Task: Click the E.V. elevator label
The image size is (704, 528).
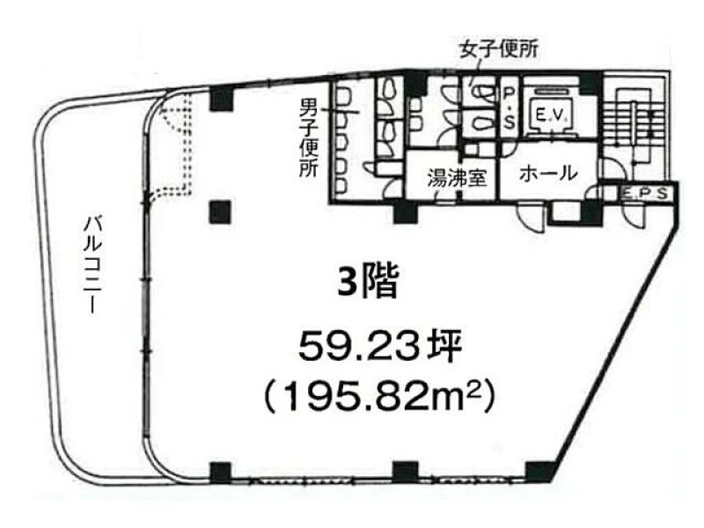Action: tap(549, 116)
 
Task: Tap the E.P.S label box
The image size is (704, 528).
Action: tap(645, 194)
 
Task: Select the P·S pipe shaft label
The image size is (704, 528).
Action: tap(509, 107)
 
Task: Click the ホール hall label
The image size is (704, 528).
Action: tap(548, 173)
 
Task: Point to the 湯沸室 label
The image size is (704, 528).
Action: tap(457, 178)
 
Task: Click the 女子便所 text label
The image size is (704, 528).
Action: tap(498, 50)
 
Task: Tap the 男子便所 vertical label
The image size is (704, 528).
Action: tap(309, 138)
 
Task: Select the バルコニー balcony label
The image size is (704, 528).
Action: tap(93, 265)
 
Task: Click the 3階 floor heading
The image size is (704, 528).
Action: tap(368, 282)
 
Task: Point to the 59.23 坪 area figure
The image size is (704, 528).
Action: tap(380, 348)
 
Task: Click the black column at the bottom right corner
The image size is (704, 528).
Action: tap(539, 471)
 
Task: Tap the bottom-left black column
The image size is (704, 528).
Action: tap(221, 472)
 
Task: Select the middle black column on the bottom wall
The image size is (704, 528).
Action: tap(406, 472)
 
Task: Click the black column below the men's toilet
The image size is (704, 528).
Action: tap(406, 211)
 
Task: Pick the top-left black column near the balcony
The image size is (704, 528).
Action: tap(222, 99)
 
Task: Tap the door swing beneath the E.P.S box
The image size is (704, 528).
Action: tap(634, 214)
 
